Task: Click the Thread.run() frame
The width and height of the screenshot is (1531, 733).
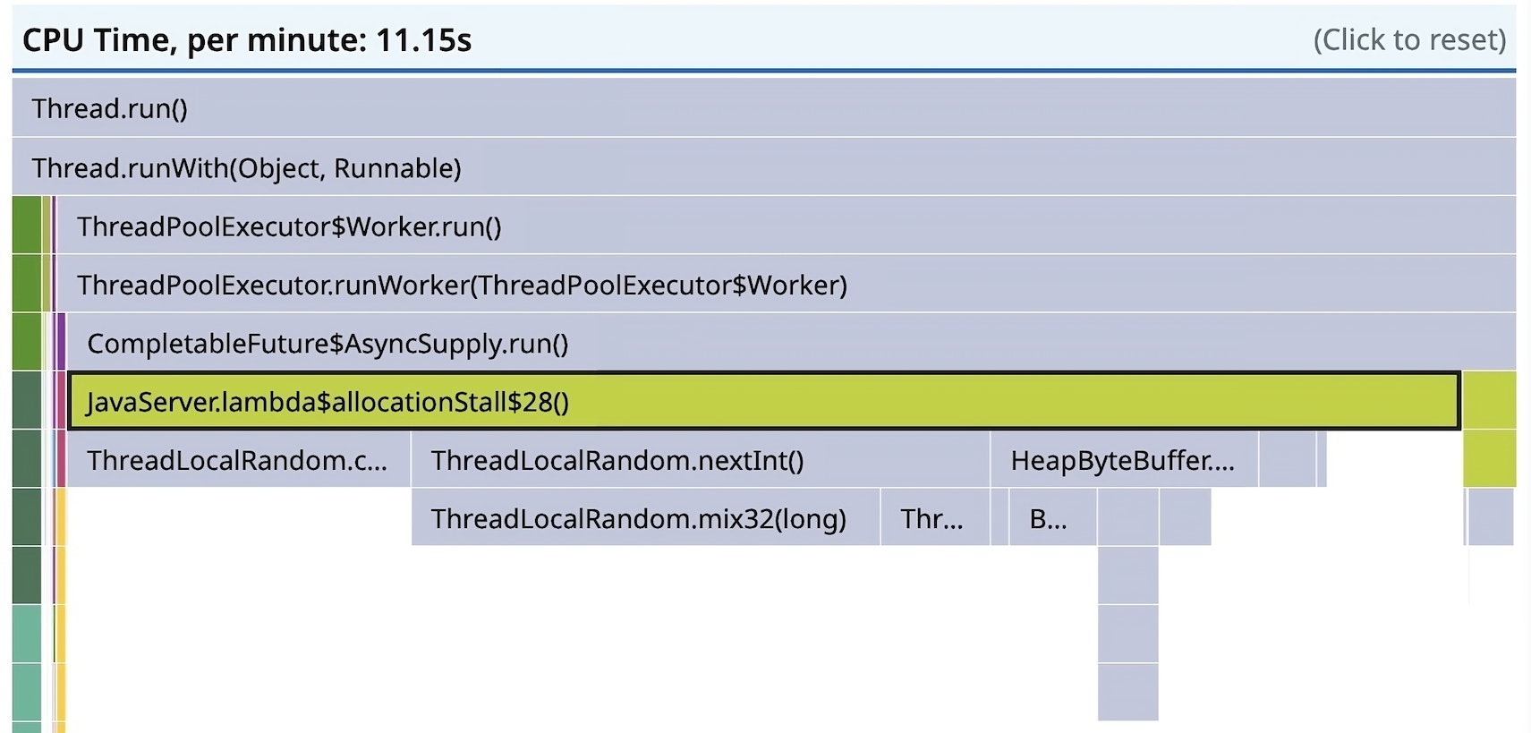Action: click(764, 107)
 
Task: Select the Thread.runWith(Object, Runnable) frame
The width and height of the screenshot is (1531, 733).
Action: click(764, 166)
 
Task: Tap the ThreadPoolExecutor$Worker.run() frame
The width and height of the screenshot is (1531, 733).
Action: click(786, 226)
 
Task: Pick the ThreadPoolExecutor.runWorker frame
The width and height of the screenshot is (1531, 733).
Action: click(786, 285)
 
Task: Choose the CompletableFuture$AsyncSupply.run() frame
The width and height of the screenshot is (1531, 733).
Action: click(792, 343)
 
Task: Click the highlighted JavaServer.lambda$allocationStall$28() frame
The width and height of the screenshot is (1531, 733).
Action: click(764, 401)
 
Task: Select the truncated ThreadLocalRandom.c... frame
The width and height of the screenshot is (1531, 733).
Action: click(239, 459)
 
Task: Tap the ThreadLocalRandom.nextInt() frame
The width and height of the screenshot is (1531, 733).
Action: click(700, 459)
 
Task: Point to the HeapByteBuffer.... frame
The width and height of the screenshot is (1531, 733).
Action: click(1125, 459)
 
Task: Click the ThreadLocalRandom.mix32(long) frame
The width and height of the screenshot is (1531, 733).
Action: click(645, 517)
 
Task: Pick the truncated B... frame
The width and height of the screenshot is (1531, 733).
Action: click(1053, 517)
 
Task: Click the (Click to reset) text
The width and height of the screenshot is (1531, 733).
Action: click(1409, 39)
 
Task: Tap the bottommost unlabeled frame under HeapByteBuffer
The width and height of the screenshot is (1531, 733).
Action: click(1127, 692)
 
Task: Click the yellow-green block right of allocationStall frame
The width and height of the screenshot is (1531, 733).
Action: click(1490, 430)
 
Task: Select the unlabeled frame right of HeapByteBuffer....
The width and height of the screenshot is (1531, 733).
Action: click(1287, 459)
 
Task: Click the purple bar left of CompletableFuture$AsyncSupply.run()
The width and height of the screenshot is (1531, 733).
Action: click(62, 343)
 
